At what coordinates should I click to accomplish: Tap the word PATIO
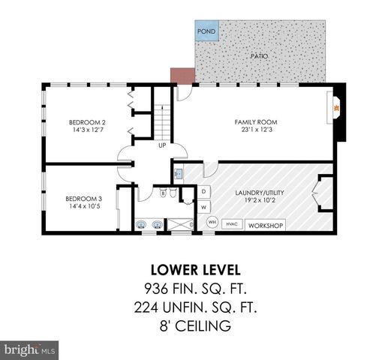pyautogui.click(x=260, y=56)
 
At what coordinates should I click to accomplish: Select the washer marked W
pyautogui.click(x=203, y=206)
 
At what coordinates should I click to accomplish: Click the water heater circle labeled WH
pyautogui.click(x=212, y=223)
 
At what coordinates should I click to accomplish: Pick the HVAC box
pyautogui.click(x=232, y=224)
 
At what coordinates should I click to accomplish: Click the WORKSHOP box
pyautogui.click(x=265, y=225)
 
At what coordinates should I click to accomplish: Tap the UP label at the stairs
pyautogui.click(x=162, y=145)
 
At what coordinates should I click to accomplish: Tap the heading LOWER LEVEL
pyautogui.click(x=194, y=269)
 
